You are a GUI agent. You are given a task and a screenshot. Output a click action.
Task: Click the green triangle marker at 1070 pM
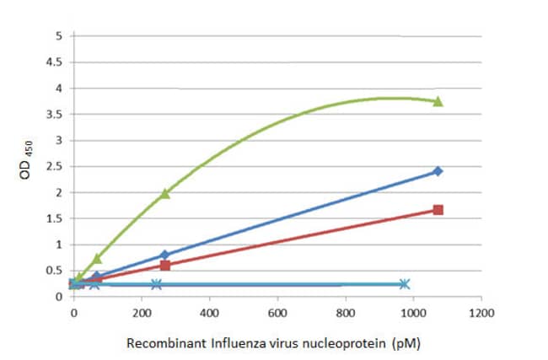coord(438,101)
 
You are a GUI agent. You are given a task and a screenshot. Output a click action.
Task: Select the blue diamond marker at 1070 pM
coord(438,171)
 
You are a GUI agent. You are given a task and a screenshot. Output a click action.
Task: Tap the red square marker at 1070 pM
coord(438,210)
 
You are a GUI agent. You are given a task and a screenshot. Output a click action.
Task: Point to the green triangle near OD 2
coord(165,194)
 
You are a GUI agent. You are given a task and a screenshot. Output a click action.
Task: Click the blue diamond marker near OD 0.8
coord(165,255)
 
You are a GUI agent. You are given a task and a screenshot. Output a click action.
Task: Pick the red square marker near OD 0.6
coord(165,266)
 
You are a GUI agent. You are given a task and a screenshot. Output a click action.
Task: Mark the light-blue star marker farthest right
coord(405,284)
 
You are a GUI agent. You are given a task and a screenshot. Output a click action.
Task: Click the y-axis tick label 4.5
coord(58,62)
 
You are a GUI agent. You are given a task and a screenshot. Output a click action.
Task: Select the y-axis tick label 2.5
coord(58,167)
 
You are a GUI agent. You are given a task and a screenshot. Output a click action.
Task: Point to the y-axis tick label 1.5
coord(58,219)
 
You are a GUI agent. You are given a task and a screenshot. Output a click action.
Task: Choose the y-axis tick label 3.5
coord(58,115)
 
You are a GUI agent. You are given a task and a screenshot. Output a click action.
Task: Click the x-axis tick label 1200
coord(481,311)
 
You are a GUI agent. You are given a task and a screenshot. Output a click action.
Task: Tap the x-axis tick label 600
coord(277,311)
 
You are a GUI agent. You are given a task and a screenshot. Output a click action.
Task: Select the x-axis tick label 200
coord(142,311)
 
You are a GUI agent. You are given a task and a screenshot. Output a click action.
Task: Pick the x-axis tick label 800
coord(346,311)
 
